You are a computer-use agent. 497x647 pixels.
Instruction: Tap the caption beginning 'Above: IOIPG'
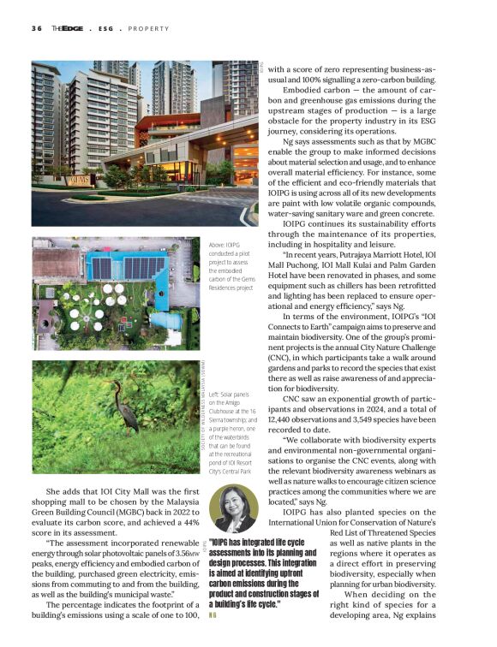230,267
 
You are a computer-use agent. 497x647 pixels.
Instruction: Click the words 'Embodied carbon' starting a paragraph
314,88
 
